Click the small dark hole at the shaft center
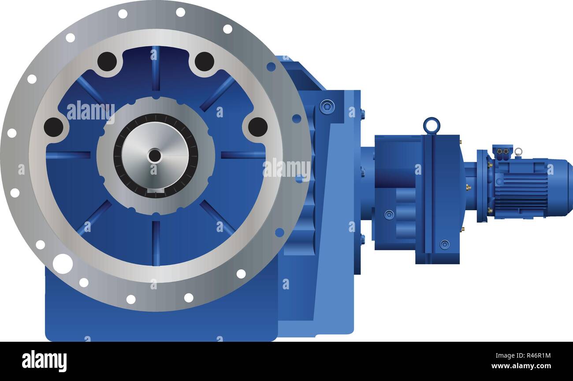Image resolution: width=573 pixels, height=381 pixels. point(155,156)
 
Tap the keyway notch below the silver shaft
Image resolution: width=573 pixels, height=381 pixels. point(155,190)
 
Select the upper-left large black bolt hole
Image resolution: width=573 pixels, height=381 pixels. point(107,62)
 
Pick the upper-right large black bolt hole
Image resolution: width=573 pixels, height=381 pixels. point(204,62)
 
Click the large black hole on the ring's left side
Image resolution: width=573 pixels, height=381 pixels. point(53,127)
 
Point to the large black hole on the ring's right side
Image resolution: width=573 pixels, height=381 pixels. point(257,127)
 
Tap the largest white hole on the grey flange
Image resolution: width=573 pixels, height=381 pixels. point(63,263)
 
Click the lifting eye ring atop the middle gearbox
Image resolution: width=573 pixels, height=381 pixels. point(431,125)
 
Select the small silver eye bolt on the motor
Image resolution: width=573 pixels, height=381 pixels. point(518,152)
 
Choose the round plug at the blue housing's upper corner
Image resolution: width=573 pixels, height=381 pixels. point(327,107)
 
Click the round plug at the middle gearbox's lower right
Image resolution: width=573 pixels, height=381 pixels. point(444,244)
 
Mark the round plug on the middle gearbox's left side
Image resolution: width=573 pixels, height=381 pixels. point(388,215)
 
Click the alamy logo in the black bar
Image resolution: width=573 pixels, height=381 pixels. point(45,361)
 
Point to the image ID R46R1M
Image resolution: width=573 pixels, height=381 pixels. point(535,355)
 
